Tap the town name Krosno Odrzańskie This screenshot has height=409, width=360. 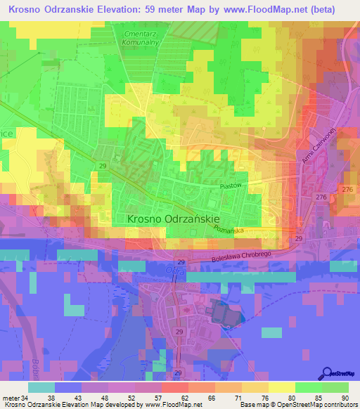tap(174, 219)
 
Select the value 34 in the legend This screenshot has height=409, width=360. tap(25, 398)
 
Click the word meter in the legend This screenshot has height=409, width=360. tap(10, 398)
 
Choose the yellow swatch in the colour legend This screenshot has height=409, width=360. tap(282, 387)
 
